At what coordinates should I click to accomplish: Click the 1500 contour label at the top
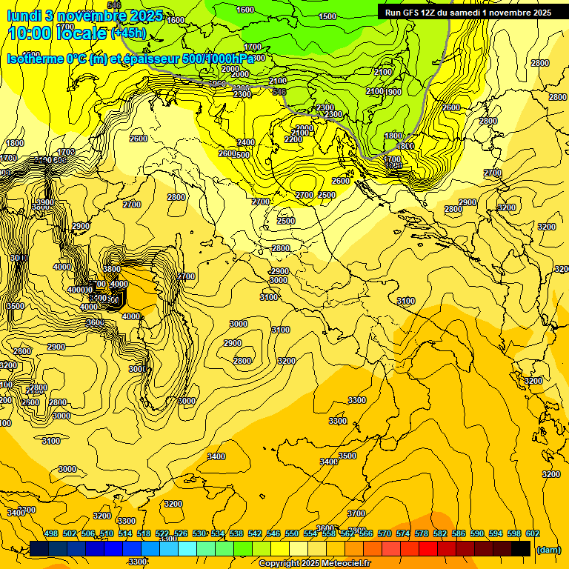click(x=327, y=16)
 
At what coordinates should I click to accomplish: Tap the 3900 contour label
click(x=46, y=203)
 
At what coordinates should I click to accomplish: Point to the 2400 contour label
click(x=246, y=142)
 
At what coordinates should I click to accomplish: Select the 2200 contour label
click(x=293, y=139)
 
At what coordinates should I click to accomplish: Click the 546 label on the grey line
click(x=279, y=92)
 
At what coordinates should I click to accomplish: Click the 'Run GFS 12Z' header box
click(x=465, y=13)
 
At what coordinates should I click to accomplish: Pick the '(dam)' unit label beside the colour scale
click(x=549, y=549)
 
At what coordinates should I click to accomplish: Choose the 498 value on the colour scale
click(x=51, y=533)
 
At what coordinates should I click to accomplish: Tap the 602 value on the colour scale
click(x=533, y=533)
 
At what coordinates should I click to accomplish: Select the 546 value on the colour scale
click(x=273, y=533)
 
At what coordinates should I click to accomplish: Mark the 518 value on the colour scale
click(x=144, y=533)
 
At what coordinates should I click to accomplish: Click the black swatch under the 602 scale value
click(x=521, y=548)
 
